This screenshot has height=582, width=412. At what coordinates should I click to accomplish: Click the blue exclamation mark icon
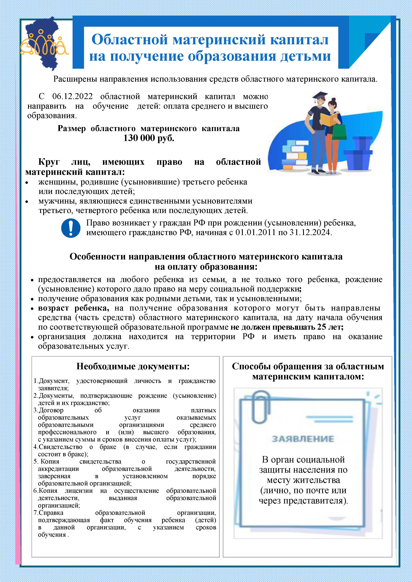tap(71, 228)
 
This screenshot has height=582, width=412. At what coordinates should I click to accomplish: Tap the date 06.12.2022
tap(72, 97)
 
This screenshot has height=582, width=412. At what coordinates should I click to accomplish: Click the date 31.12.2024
tap(311, 232)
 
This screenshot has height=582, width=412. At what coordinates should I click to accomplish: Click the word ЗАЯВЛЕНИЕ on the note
tap(303, 439)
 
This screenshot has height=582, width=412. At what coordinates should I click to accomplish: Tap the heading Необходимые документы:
tap(133, 366)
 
